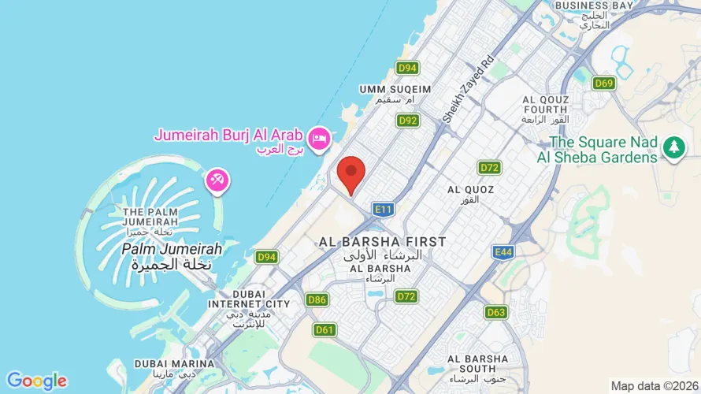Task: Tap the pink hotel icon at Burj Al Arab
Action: coord(319,139)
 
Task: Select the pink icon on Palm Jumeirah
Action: coord(217,180)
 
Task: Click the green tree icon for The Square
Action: coord(673,147)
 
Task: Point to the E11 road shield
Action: coord(384,209)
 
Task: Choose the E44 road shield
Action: coord(503,251)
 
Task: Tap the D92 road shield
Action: coord(407,121)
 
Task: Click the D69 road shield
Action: coord(604,84)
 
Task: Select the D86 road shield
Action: coord(317,299)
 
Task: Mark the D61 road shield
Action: coord(325,329)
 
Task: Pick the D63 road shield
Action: coord(495,312)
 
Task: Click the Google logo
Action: coord(36,381)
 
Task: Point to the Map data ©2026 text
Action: coord(654,386)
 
